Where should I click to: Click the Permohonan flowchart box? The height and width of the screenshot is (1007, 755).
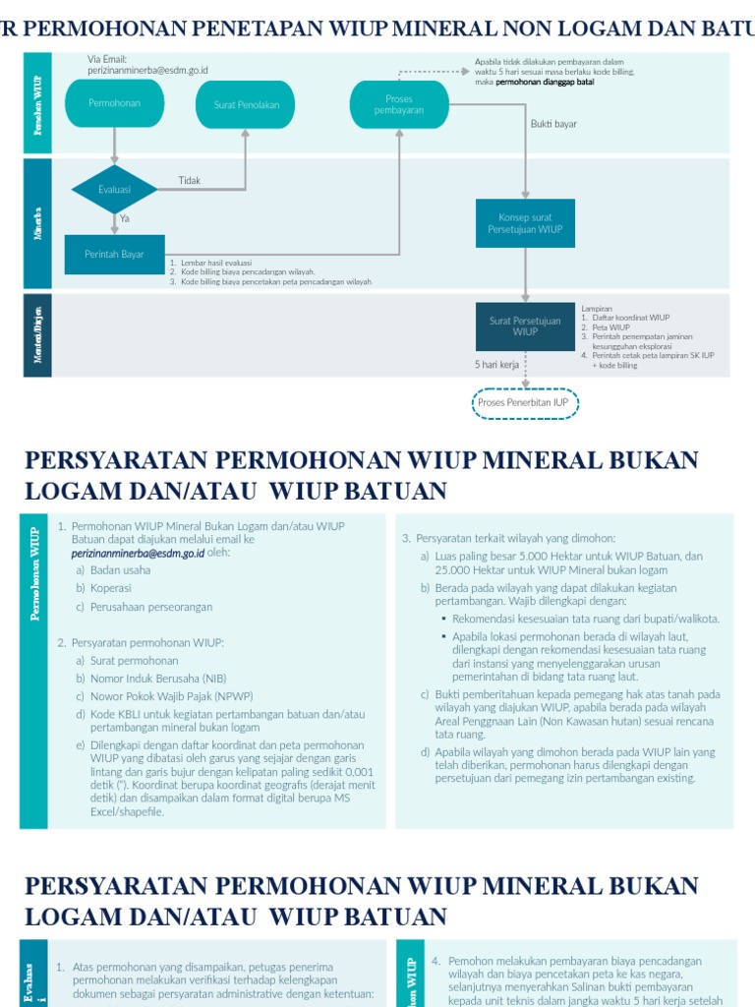point(115,103)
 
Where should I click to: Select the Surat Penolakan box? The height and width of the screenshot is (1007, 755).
point(246,104)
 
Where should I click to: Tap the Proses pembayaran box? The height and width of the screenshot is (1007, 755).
point(399,104)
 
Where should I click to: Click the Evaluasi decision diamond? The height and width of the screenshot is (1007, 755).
point(114,190)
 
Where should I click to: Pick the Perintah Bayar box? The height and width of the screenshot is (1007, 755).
point(114,255)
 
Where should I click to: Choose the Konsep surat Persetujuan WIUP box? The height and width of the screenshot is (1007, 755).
point(525,223)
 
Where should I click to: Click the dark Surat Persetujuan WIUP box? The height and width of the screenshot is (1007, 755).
point(525,326)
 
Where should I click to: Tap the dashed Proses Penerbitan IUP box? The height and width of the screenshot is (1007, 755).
point(525,402)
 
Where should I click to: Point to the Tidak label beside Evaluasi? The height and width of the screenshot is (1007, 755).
point(190,181)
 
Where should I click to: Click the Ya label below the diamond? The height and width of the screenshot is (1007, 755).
point(125,218)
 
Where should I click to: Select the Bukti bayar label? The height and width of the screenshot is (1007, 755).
point(553,124)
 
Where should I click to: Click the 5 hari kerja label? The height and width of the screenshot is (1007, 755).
point(496,365)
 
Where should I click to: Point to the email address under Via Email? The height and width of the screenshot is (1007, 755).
point(147,71)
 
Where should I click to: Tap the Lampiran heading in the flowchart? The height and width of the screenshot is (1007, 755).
point(597,308)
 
